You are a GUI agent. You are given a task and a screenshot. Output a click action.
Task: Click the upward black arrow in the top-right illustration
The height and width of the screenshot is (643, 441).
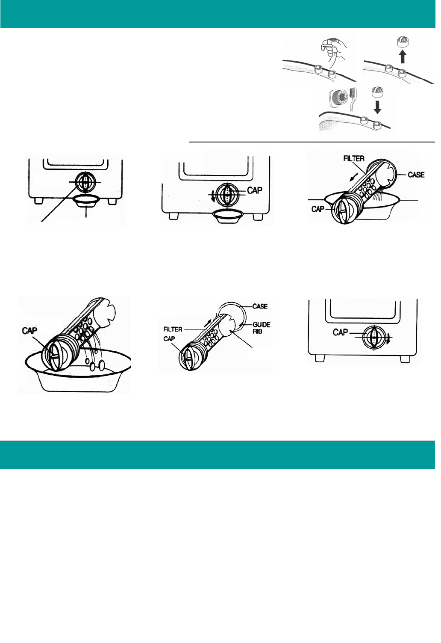click(402, 56)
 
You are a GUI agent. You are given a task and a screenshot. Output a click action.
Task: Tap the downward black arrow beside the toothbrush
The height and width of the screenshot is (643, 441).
click(377, 107)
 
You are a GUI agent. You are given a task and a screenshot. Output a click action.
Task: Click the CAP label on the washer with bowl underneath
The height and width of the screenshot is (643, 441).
click(255, 190)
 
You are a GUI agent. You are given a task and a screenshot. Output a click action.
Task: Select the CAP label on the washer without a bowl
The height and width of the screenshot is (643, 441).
click(340, 332)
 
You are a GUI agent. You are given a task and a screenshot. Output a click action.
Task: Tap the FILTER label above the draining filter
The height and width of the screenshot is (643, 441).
click(354, 159)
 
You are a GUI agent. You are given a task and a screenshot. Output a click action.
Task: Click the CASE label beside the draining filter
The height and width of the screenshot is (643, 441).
click(416, 175)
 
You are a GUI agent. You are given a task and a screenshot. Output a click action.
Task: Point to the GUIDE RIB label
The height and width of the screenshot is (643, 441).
click(261, 328)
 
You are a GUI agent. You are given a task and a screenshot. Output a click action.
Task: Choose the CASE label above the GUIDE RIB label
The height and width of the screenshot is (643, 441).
click(260, 306)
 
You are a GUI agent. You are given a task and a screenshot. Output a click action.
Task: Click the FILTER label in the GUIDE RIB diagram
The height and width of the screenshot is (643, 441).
click(173, 329)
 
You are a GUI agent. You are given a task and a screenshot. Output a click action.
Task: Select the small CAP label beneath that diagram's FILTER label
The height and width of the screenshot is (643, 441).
click(169, 339)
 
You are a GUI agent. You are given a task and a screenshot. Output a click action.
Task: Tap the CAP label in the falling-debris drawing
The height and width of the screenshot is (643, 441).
click(29, 331)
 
